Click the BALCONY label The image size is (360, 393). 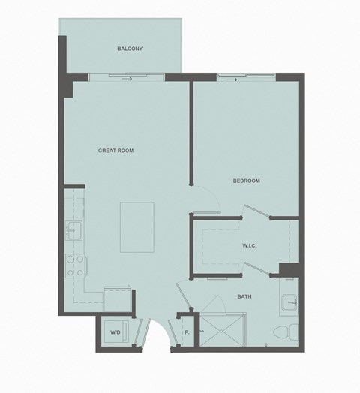130,49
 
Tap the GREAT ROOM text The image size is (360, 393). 115,151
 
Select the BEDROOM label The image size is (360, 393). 246,181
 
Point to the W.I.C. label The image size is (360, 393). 250,245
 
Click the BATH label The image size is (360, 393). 244,296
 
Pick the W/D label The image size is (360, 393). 115,331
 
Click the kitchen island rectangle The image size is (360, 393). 137,226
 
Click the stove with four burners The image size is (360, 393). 76,265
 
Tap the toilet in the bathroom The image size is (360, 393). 286,331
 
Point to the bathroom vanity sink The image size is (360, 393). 289,302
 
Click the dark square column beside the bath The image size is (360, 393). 289,270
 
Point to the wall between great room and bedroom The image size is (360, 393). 191,135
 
